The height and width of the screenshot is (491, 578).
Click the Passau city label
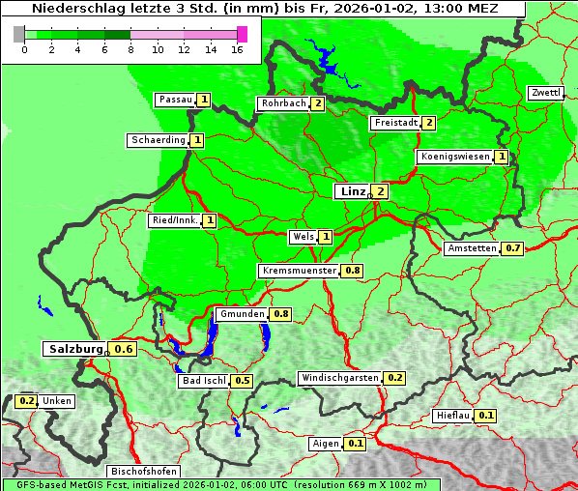click(175, 100)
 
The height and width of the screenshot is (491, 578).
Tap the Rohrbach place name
click(282, 103)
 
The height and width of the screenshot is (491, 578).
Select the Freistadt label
click(395, 123)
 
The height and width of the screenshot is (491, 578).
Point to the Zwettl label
click(545, 93)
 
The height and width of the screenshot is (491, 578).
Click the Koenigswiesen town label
click(454, 157)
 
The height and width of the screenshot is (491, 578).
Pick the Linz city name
click(351, 191)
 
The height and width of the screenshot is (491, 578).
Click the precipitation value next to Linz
click(381, 191)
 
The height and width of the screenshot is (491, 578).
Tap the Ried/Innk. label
click(175, 220)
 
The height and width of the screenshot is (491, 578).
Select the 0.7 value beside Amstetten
click(513, 248)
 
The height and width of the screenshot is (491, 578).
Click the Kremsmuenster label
click(299, 271)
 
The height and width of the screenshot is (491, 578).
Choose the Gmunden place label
click(241, 314)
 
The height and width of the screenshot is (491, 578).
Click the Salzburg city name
click(75, 349)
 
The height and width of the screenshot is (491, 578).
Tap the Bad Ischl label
click(203, 381)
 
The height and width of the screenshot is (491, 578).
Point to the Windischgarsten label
click(339, 378)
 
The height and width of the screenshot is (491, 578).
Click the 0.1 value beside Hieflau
click(486, 416)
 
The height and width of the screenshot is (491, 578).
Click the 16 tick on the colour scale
click(238, 49)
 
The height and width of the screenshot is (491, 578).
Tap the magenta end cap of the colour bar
click(242, 34)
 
